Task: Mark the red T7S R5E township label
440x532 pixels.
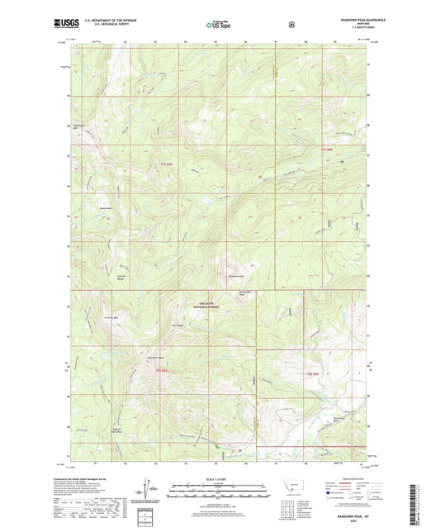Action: click(x=166, y=169)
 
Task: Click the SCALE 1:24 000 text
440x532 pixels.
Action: click(x=219, y=479)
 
